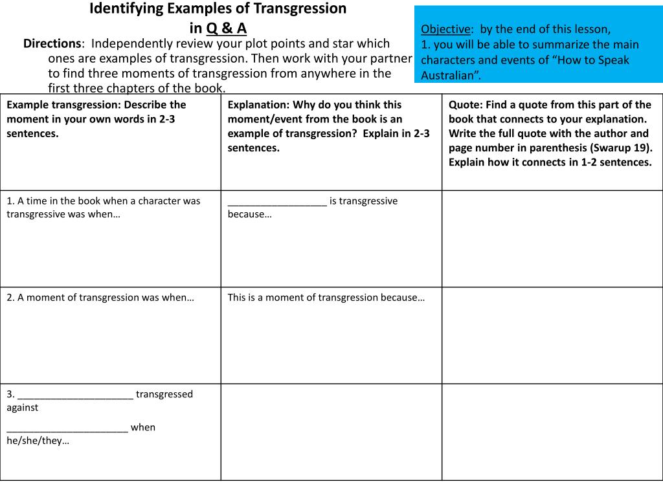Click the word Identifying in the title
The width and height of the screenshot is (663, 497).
point(124,9)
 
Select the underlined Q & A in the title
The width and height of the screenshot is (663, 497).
point(227,28)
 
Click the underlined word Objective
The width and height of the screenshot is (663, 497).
point(445,29)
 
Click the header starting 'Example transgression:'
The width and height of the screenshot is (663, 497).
point(96,119)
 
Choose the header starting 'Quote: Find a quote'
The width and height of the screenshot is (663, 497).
point(550,133)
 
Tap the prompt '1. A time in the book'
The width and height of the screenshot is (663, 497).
point(104,207)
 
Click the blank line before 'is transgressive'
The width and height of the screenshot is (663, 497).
point(277,201)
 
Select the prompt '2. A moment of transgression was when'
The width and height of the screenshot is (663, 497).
point(100,298)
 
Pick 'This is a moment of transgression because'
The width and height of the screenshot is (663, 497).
point(326,298)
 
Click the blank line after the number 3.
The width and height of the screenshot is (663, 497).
point(76,395)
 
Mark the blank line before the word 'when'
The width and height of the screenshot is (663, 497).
point(67,428)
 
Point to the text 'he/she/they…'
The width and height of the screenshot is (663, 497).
point(38,441)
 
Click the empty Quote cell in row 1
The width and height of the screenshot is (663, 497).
point(552,239)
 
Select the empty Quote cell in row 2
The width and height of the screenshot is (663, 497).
point(552,335)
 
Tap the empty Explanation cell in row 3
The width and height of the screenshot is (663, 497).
point(331,432)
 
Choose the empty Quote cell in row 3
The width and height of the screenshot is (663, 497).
point(552,432)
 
